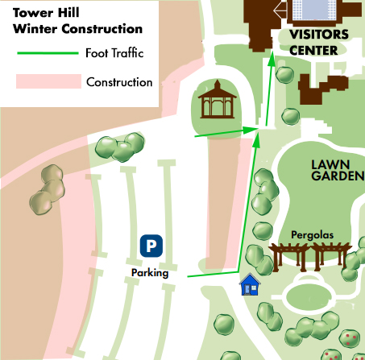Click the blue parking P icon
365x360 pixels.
pyautogui.click(x=151, y=245)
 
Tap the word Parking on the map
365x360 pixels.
pyautogui.click(x=150, y=273)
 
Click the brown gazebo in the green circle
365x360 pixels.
pyautogui.click(x=215, y=100)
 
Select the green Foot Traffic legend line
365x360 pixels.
pyautogui.click(x=45, y=55)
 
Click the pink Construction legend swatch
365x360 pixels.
pyautogui.click(x=48, y=81)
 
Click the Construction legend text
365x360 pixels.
pyautogui.click(x=119, y=82)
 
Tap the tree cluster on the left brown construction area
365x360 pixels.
pyautogui.click(x=48, y=187)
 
